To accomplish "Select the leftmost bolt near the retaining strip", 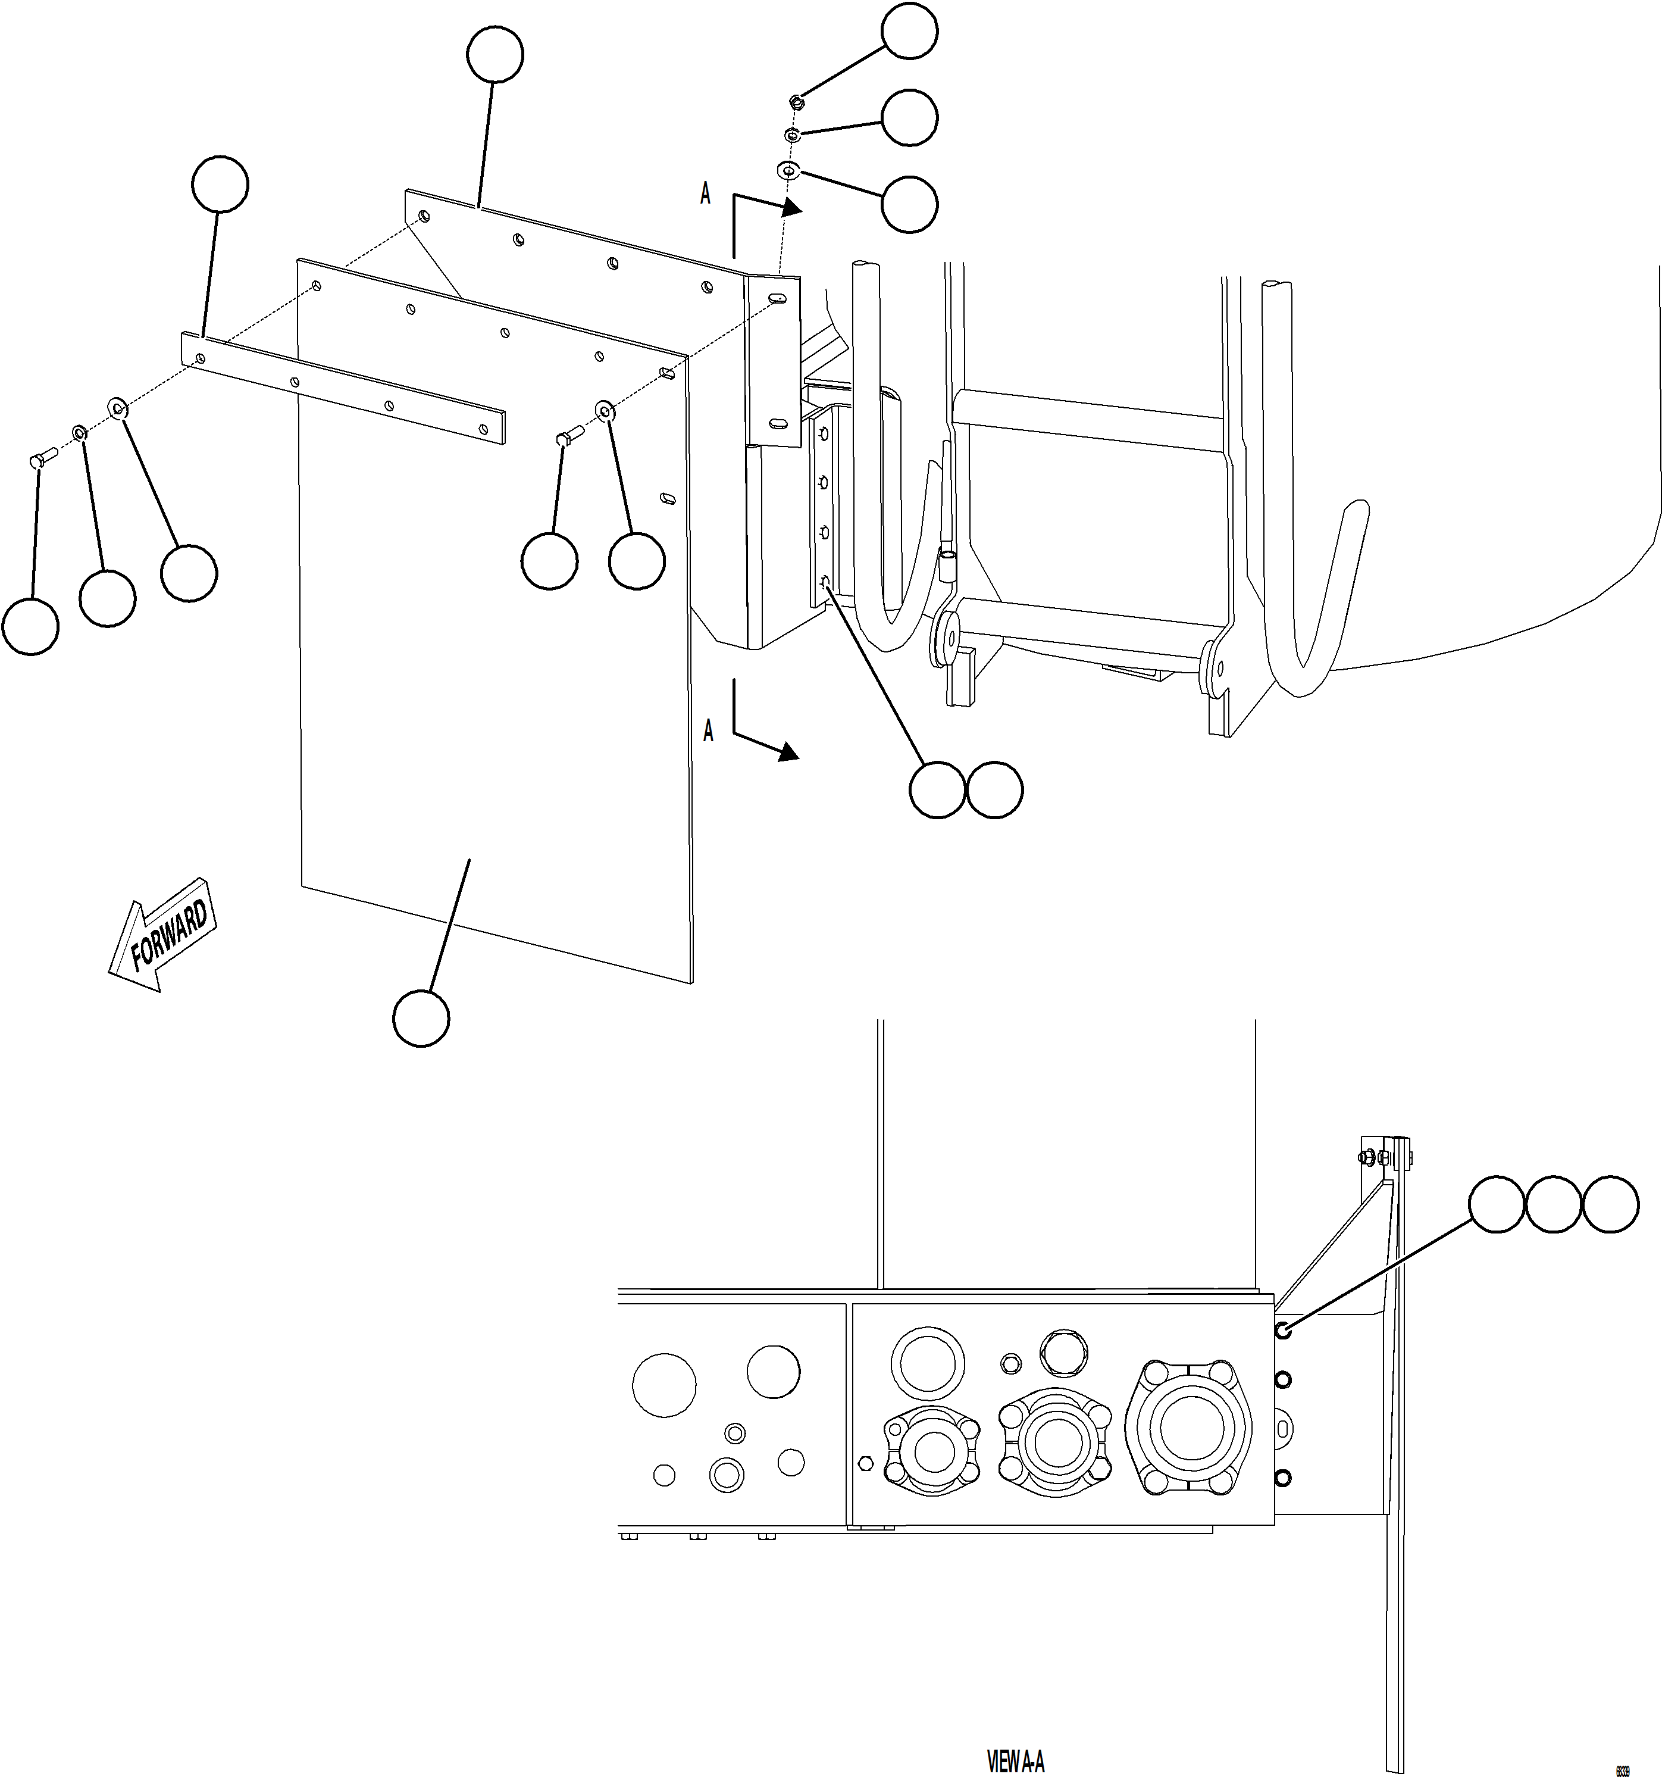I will coord(40,460).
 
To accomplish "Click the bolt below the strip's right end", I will coord(568,436).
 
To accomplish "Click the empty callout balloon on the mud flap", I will coord(421,1018).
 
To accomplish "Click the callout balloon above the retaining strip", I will coord(220,185).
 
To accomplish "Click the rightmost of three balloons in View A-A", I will coord(1610,1205).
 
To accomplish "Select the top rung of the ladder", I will coord(1087,423).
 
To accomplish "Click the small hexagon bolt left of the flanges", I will coord(865,1463).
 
